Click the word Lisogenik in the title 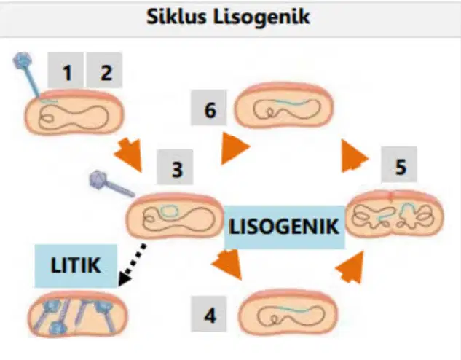(x=261, y=17)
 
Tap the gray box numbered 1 (x=66, y=70)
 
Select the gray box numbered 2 (x=104, y=70)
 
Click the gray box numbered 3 (x=176, y=167)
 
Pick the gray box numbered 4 (x=209, y=314)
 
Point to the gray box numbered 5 (x=399, y=165)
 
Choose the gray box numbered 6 (x=209, y=108)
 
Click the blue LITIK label (x=76, y=265)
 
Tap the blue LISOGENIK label (x=284, y=227)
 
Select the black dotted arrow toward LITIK (x=132, y=265)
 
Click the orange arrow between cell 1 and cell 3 (x=129, y=154)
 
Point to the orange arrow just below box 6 (x=235, y=148)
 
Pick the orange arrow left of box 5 (x=354, y=156)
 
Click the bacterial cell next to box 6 (x=284, y=105)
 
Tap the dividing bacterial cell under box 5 (x=394, y=214)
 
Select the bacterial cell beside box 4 (x=288, y=312)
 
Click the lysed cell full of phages (x=78, y=314)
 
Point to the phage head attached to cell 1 (x=22, y=60)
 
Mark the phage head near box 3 (x=99, y=179)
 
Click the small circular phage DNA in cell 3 (x=169, y=211)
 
